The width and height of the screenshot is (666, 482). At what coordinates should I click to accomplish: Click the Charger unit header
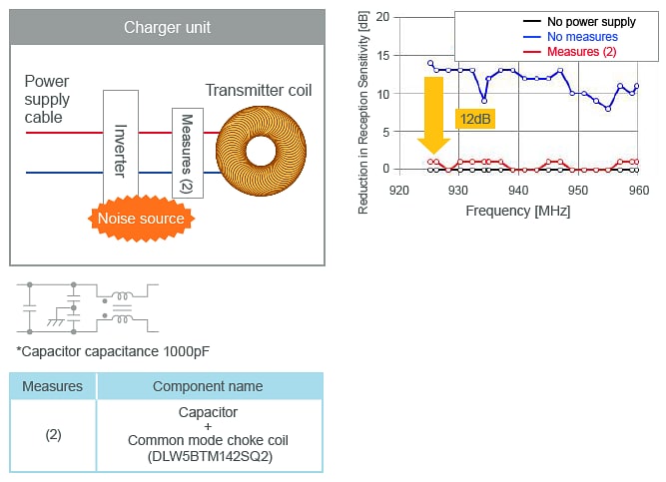coord(167,26)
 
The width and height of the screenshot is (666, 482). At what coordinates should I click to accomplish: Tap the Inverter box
coord(120,145)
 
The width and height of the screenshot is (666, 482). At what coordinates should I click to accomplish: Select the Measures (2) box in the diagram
coord(187,153)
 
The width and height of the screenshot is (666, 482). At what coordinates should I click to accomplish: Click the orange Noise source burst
coord(140,218)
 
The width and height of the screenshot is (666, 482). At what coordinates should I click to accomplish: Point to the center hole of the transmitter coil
coord(262,152)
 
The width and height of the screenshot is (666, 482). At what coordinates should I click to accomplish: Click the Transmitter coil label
coord(259,91)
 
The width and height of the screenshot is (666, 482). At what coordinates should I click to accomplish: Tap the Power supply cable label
coord(47,100)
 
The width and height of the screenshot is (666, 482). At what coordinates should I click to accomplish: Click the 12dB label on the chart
coord(474,118)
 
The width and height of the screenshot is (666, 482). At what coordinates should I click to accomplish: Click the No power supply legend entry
coord(591,21)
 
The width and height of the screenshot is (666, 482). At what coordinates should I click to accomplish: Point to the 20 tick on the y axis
coord(381,18)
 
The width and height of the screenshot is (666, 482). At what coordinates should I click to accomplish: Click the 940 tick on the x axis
coord(517,190)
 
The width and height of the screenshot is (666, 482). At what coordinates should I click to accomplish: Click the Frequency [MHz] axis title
coord(517,211)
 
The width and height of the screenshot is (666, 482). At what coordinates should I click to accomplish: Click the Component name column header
coord(208,386)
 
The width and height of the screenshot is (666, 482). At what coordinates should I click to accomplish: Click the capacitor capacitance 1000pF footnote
coord(113,351)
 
